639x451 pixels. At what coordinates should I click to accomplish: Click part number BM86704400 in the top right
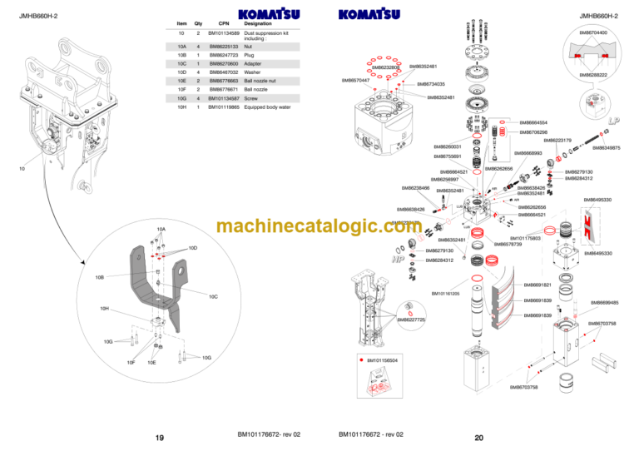[592, 32]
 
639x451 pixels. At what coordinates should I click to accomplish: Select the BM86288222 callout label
[592, 75]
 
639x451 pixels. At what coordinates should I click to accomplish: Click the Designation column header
[259, 23]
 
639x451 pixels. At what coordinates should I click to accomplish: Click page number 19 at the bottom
[159, 438]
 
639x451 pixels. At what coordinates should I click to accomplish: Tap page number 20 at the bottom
[479, 438]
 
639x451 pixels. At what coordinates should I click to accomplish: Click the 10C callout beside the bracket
[213, 296]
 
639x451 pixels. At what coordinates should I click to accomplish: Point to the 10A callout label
[161, 229]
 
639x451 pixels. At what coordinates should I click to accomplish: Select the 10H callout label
[104, 309]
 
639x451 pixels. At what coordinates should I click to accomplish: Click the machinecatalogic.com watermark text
[318, 226]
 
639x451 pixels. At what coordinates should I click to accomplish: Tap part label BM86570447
[356, 81]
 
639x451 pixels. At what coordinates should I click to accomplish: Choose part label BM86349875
[606, 147]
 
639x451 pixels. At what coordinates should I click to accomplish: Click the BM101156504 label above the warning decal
[383, 360]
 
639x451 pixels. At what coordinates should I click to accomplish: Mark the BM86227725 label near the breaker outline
[411, 320]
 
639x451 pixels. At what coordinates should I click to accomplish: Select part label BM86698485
[604, 303]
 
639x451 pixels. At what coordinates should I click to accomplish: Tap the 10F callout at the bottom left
[131, 362]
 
